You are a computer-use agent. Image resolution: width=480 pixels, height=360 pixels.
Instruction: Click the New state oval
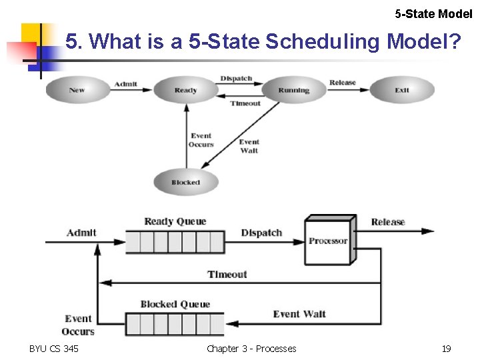(77, 90)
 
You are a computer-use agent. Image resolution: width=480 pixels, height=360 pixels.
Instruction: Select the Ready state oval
(185, 90)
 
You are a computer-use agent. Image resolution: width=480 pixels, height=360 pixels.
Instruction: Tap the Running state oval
(293, 90)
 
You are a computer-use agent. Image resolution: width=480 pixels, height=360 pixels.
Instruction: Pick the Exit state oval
(401, 90)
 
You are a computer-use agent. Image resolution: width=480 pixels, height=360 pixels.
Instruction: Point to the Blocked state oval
(185, 182)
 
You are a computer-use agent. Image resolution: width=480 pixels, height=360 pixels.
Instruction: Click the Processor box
(328, 241)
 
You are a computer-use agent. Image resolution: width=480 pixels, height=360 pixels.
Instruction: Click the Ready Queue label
(175, 221)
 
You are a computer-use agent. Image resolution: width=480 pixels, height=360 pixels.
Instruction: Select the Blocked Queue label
(175, 305)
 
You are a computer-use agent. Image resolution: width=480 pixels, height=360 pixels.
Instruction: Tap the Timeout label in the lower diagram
(227, 275)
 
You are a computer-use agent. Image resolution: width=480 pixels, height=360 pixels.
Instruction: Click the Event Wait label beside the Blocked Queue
(299, 314)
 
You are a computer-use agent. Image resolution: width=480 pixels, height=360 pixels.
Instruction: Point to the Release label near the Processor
(388, 222)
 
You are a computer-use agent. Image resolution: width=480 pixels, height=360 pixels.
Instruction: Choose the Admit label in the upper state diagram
(126, 84)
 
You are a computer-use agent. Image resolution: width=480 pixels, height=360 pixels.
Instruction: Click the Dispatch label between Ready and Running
(236, 79)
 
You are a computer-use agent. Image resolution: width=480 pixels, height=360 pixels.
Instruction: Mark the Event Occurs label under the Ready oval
(201, 140)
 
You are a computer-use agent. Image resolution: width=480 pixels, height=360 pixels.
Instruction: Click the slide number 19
(446, 349)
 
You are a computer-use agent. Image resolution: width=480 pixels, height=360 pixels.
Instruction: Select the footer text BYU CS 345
(54, 349)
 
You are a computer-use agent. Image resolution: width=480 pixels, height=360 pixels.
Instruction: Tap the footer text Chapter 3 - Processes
(251, 349)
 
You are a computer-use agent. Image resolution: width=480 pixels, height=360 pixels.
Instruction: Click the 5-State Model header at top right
(433, 13)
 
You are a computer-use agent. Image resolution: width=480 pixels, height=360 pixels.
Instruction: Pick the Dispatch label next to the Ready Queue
(261, 233)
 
